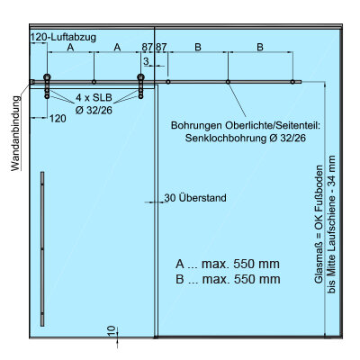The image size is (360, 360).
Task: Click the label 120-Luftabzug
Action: [64, 37]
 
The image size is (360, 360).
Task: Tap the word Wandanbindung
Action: [16, 133]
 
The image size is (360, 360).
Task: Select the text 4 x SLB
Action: [94, 97]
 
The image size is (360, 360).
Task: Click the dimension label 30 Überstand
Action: [195, 198]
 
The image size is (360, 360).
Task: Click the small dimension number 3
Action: [146, 61]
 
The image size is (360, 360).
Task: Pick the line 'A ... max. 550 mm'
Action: [228, 264]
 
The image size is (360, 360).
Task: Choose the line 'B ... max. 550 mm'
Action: [228, 279]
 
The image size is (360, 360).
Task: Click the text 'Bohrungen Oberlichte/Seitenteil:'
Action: [246, 125]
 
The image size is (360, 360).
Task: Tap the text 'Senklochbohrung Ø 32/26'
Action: [246, 139]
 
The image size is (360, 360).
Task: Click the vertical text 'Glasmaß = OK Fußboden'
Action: [319, 224]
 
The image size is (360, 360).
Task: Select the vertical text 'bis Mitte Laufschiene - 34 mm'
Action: [331, 224]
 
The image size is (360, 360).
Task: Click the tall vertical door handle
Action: [42, 249]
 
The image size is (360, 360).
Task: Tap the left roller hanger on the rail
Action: [47, 86]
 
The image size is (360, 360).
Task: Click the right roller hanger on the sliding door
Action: [140, 86]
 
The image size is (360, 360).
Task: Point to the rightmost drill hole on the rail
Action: [292, 82]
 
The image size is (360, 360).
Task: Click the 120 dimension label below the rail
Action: [58, 119]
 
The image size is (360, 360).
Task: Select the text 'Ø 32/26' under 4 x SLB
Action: [94, 111]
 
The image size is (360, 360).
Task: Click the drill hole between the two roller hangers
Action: [94, 82]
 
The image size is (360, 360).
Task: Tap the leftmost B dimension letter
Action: [198, 47]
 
